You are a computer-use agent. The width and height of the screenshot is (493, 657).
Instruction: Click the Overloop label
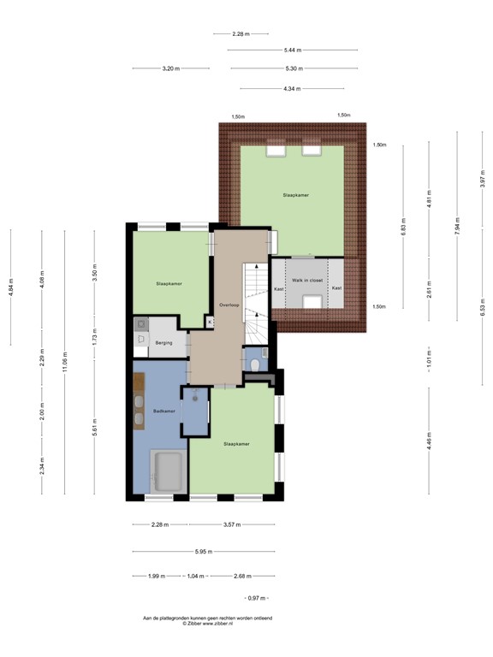tap(228, 305)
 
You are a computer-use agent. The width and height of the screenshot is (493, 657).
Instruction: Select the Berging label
tap(163, 343)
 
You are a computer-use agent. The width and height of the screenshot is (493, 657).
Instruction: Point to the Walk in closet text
tap(307, 280)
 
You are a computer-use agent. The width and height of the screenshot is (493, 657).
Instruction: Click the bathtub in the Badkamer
tap(168, 471)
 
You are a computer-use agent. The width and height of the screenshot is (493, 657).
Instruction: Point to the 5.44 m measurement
tap(293, 50)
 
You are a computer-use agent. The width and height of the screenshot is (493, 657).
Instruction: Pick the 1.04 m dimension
tap(196, 576)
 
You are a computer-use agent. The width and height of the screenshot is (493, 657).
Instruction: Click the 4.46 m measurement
tap(429, 442)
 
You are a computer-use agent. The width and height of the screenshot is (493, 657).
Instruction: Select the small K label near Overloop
tap(209, 322)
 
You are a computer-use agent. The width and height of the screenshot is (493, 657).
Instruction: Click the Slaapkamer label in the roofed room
tap(295, 195)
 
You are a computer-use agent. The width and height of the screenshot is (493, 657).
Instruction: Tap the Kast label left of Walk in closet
tap(279, 289)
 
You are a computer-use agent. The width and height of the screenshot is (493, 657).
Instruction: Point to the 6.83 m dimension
tap(403, 228)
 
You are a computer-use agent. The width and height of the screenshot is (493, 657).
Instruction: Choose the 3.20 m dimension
tap(171, 68)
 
